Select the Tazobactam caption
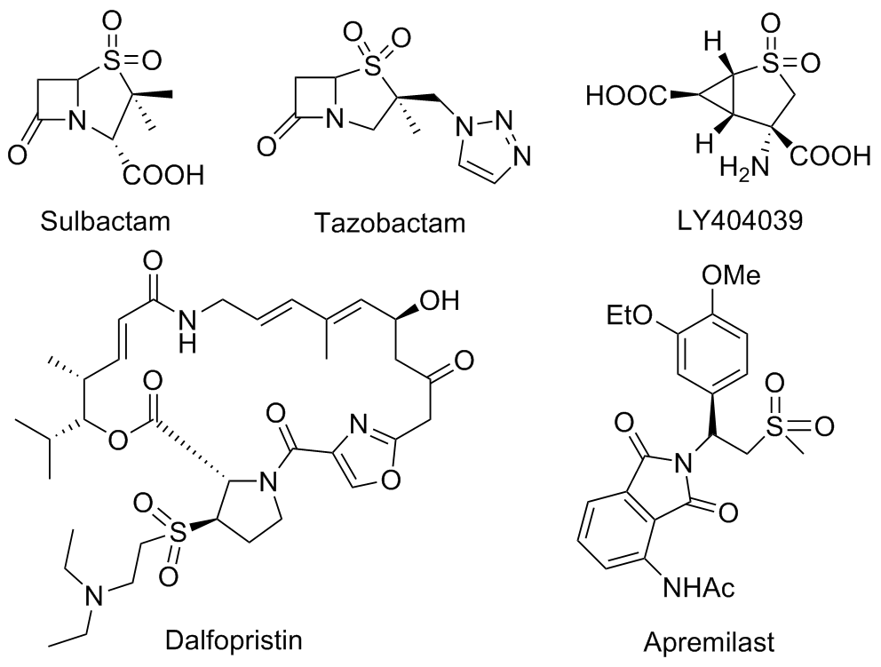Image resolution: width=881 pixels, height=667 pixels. [389, 221]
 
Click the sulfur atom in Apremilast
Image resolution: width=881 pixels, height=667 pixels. [783, 426]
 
